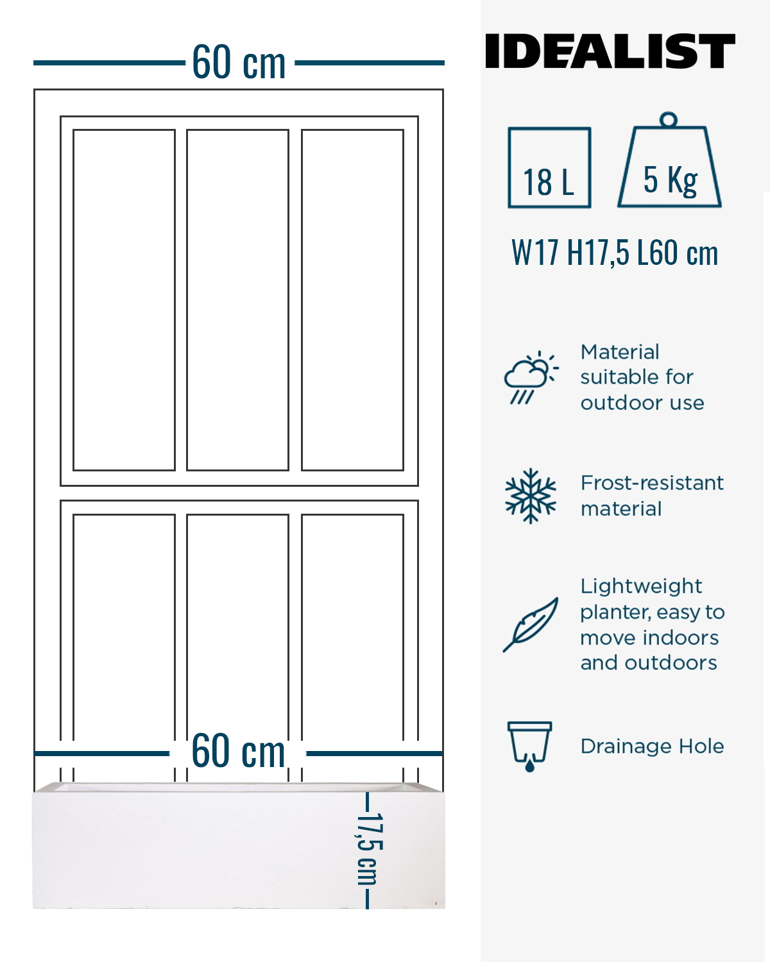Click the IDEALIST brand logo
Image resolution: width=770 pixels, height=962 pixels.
point(610,51)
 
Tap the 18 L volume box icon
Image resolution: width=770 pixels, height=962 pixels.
point(549,167)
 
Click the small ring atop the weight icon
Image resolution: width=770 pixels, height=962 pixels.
point(669,120)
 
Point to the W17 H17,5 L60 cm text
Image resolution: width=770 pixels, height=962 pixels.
point(615,253)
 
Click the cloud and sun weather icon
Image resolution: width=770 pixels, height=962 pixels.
point(531,378)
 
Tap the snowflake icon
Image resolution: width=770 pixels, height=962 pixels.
point(531,496)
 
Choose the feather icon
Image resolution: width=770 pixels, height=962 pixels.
point(531,625)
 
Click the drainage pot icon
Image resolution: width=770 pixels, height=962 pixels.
point(530,747)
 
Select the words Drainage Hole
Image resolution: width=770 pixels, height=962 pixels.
point(652,746)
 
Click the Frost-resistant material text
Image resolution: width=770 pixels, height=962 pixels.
point(652,496)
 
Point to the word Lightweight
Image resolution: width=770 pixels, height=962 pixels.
point(641,587)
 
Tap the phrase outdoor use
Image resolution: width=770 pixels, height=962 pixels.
point(642,403)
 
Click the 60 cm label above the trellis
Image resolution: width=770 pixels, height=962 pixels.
point(239,62)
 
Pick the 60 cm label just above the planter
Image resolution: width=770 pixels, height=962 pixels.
point(238,751)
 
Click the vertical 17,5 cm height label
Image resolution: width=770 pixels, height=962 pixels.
point(370,849)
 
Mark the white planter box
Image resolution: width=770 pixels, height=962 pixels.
point(239,846)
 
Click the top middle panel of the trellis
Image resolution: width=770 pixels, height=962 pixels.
point(237,300)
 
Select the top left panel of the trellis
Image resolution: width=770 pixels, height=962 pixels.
point(124,300)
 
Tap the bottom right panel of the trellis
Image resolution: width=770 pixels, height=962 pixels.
point(352,648)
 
